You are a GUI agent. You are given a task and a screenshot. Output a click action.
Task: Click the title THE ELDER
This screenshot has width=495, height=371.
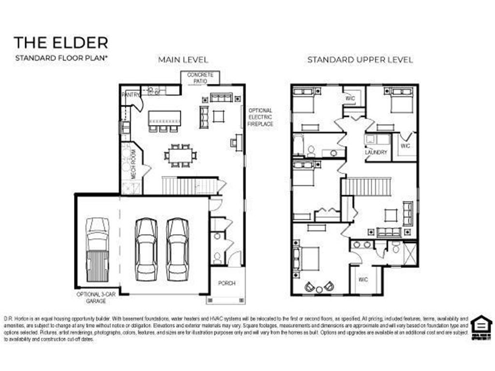pos(60,43)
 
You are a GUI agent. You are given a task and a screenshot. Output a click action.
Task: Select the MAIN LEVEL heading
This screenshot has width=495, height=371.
pos(183,60)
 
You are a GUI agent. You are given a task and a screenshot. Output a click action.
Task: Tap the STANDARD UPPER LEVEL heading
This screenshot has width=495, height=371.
pos(360,60)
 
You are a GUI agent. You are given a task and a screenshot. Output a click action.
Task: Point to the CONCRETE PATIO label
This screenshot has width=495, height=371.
pos(200,78)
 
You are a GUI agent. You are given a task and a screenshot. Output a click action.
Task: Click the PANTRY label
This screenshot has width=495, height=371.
pos(131,95)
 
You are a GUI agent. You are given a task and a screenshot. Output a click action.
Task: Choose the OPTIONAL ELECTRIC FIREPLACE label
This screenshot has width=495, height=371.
pos(261,117)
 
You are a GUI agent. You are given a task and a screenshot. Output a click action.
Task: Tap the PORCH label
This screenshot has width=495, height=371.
pos(227,283)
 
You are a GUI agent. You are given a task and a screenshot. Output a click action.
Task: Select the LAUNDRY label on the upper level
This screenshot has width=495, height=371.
pos(376,152)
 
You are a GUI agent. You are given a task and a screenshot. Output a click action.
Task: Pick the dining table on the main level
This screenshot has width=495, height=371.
pos(180,156)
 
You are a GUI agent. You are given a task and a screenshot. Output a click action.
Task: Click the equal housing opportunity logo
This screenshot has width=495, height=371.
pos(481,328)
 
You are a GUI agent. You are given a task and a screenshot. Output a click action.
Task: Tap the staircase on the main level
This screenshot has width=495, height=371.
pos(189,185)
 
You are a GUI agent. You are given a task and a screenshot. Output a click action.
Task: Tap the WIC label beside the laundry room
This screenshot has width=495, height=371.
pos(405,145)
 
